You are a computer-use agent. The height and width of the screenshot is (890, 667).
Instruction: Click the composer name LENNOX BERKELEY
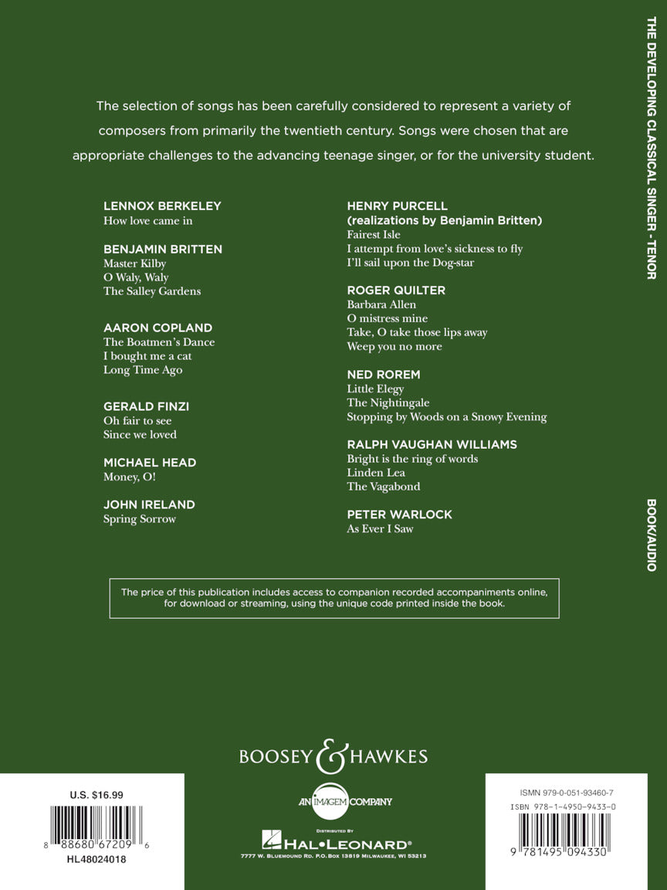click(x=162, y=206)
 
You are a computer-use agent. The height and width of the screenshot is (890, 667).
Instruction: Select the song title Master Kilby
click(x=134, y=263)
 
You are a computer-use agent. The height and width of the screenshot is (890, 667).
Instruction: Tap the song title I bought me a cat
click(x=147, y=356)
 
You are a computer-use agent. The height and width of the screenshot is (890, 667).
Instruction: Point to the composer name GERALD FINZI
click(x=146, y=406)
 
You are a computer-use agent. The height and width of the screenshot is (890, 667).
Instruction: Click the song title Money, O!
click(x=129, y=477)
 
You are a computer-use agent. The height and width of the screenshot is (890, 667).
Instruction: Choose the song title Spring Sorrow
click(x=140, y=519)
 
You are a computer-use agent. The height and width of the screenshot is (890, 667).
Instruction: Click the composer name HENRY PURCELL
click(x=397, y=206)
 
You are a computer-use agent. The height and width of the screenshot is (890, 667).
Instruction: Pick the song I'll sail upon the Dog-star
click(x=411, y=263)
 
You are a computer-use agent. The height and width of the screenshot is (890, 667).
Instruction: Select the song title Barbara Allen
click(x=381, y=304)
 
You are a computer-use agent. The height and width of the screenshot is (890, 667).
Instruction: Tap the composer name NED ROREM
click(x=384, y=375)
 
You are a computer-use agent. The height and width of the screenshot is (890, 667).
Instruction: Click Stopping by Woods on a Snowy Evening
click(x=446, y=417)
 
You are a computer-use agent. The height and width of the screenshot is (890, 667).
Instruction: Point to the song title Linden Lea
click(x=375, y=473)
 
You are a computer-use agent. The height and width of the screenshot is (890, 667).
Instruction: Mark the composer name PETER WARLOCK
click(x=399, y=515)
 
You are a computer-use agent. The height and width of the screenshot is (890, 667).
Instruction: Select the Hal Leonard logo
click(x=333, y=843)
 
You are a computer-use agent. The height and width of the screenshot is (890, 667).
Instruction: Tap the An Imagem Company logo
click(x=333, y=801)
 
